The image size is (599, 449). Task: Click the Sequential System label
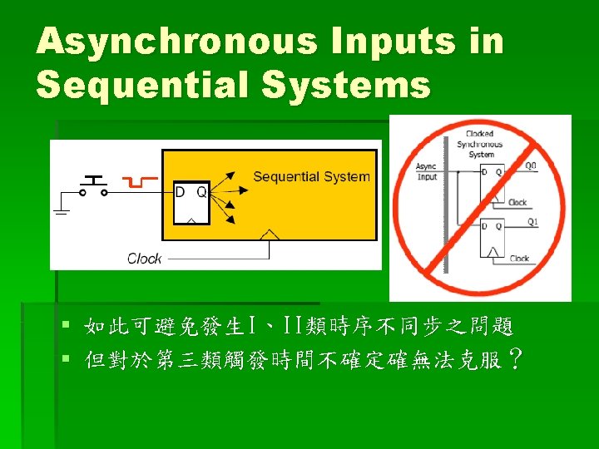point(311,176)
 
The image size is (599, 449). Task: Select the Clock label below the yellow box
point(144,259)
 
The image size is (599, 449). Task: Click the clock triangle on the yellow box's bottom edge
point(270,239)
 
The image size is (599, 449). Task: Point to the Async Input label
point(427,171)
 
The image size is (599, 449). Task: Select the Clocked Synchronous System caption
point(480,144)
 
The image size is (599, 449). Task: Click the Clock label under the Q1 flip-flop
point(519,259)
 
